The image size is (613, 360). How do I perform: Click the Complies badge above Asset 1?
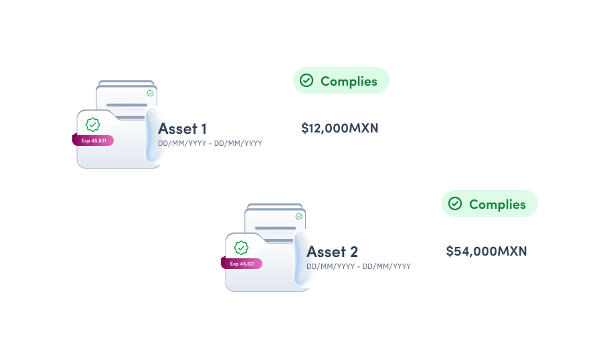click(341, 81)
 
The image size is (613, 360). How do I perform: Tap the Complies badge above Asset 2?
click(489, 204)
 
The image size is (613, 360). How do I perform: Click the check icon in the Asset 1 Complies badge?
click(306, 81)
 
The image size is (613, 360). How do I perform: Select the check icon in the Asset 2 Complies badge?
click(455, 204)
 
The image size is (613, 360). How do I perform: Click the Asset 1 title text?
click(182, 128)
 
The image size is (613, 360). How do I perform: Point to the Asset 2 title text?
click(332, 252)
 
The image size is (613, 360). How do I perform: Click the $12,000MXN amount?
click(339, 128)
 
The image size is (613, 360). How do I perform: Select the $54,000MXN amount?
click(486, 252)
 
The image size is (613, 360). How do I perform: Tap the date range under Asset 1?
click(210, 143)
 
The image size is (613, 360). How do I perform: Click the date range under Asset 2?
click(359, 266)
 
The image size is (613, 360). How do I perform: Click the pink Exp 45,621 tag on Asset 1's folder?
click(93, 141)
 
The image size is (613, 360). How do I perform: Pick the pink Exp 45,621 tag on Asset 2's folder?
click(242, 264)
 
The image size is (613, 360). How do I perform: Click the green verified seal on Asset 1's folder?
click(93, 124)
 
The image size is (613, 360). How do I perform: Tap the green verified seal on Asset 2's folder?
click(242, 247)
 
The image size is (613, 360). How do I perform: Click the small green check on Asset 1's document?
click(150, 93)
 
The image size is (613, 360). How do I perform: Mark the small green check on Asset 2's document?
click(298, 216)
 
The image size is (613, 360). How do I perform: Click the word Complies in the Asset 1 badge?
click(349, 81)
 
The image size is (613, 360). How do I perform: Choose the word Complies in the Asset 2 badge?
click(497, 204)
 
